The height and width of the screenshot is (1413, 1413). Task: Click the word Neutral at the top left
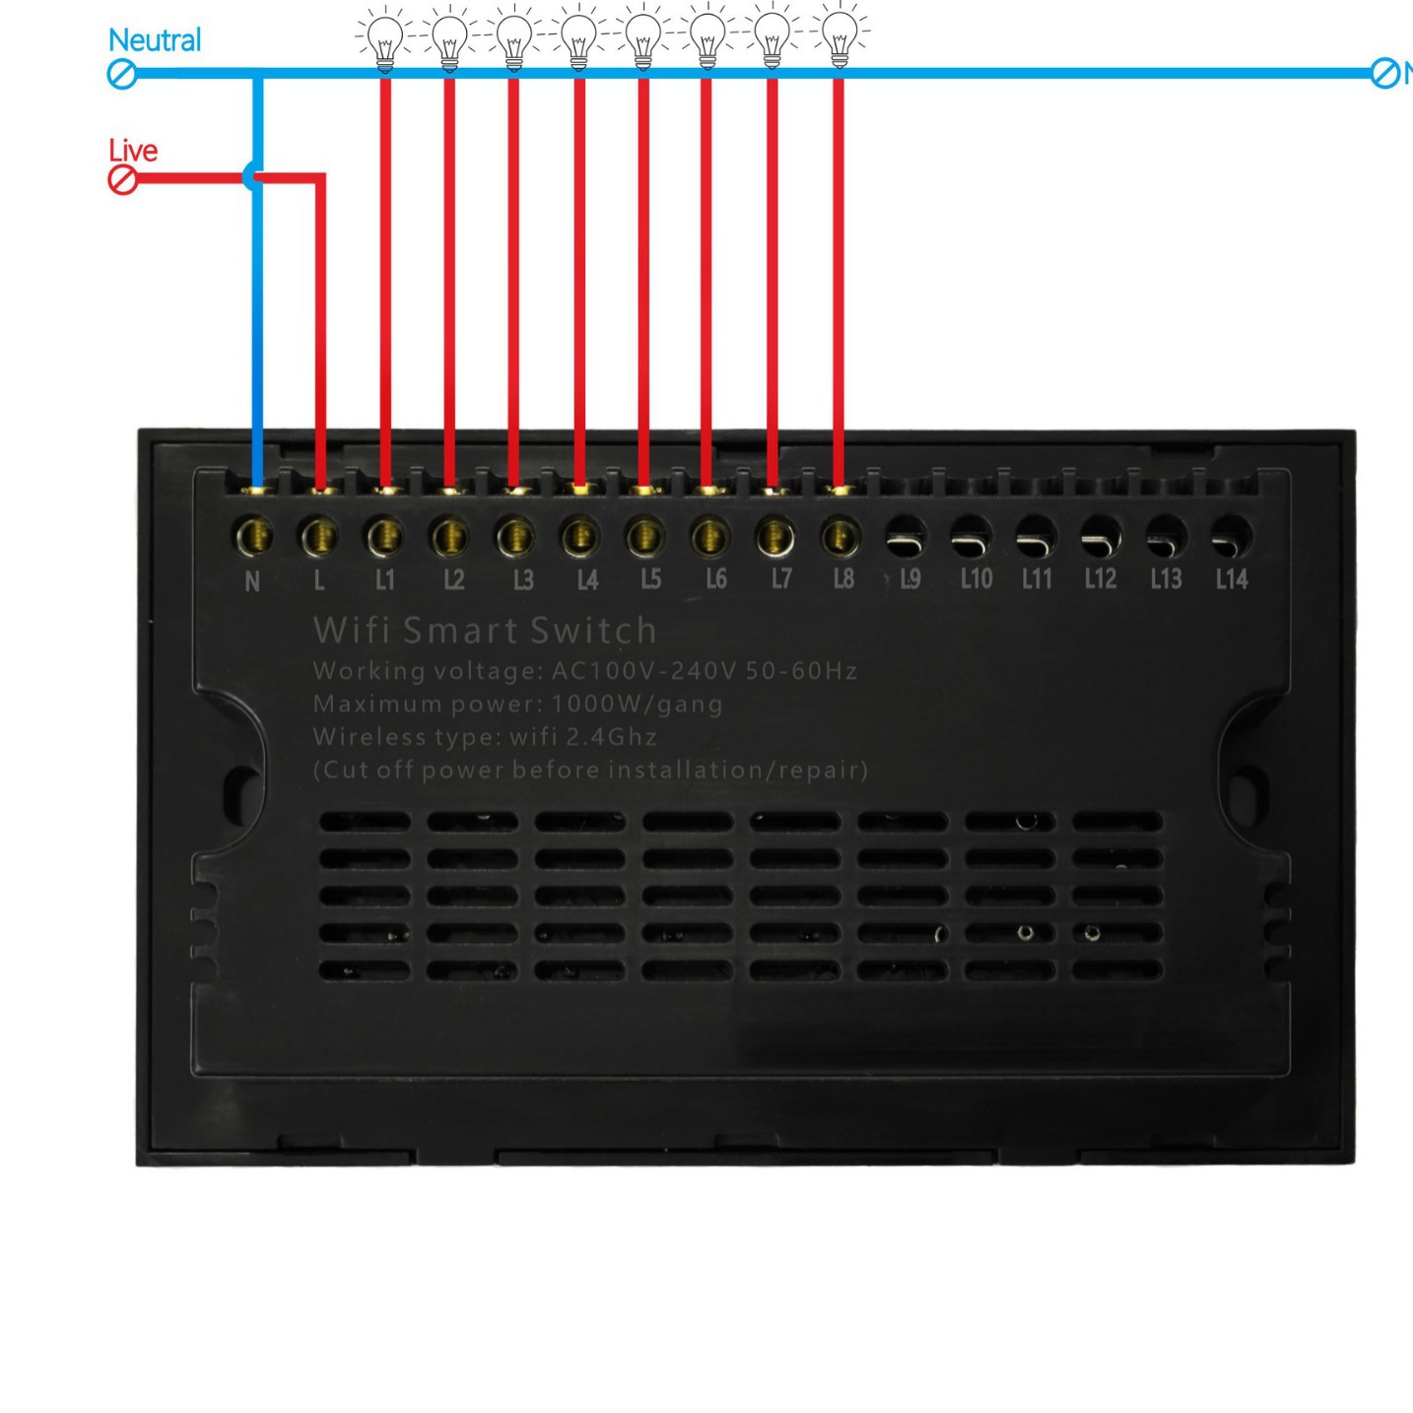154,40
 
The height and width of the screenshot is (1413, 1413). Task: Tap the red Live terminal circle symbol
122,179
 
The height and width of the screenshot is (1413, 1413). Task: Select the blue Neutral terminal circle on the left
121,74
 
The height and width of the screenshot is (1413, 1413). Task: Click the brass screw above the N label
253,537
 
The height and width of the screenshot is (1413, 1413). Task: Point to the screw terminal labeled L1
384,537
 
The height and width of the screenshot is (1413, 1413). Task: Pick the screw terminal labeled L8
839,537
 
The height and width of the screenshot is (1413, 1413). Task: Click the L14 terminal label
1231,579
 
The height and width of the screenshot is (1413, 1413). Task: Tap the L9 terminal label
909,579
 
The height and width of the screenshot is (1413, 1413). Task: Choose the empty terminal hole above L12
1100,536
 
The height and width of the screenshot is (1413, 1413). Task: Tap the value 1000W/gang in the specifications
637,705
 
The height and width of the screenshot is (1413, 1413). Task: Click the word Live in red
132,151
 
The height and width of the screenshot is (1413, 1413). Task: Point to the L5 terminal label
650,579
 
